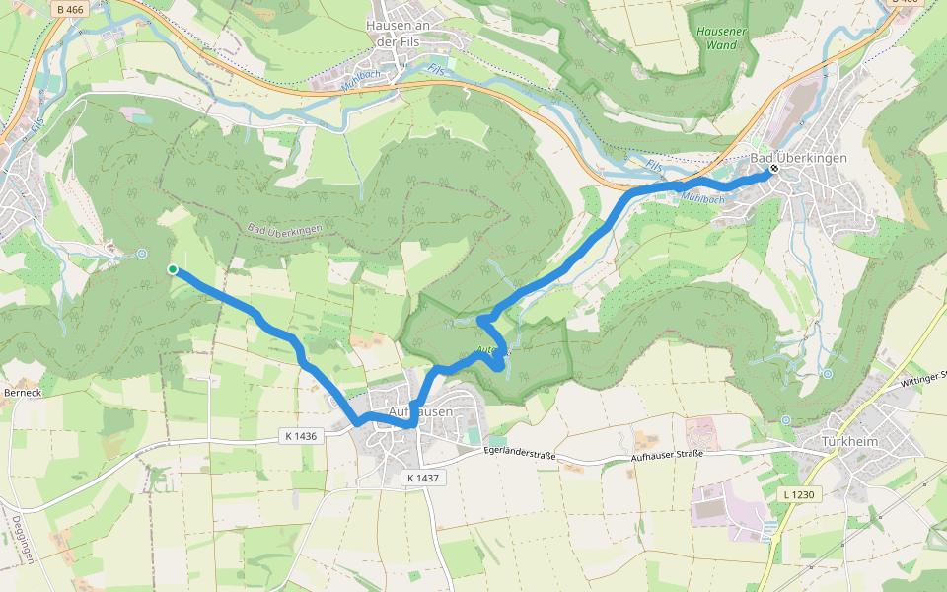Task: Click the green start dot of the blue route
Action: [x=173, y=268]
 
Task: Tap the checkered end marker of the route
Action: [x=774, y=169]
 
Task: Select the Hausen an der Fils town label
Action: [x=400, y=34]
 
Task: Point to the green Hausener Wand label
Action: [x=716, y=37]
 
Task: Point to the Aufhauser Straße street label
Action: [x=666, y=454]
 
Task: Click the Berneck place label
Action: [x=22, y=392]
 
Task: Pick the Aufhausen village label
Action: [x=421, y=410]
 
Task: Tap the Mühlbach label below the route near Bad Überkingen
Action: [x=701, y=198]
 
